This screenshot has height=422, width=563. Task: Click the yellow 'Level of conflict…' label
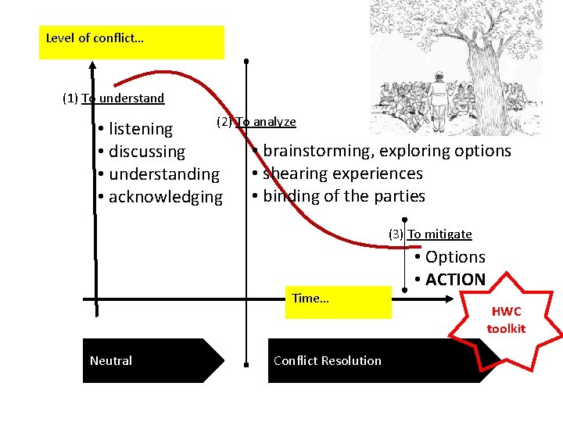tap(95, 38)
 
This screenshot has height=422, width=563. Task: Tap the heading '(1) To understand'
tap(113, 98)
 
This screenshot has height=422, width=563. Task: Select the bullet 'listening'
tap(140, 129)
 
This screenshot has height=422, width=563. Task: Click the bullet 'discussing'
tap(146, 152)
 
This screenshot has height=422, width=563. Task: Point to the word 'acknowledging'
tap(165, 197)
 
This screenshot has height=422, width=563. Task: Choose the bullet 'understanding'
tap(163, 174)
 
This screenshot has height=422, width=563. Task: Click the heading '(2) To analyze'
tap(256, 122)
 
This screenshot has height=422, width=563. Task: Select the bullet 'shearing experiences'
tap(342, 173)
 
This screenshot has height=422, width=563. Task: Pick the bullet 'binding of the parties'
tap(343, 196)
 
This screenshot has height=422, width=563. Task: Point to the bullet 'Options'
tap(455, 257)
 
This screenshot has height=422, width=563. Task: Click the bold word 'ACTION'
tap(455, 280)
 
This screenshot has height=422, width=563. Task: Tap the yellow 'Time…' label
tap(311, 299)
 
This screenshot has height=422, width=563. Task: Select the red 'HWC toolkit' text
tap(506, 320)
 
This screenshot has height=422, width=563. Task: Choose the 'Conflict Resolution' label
tap(328, 361)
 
